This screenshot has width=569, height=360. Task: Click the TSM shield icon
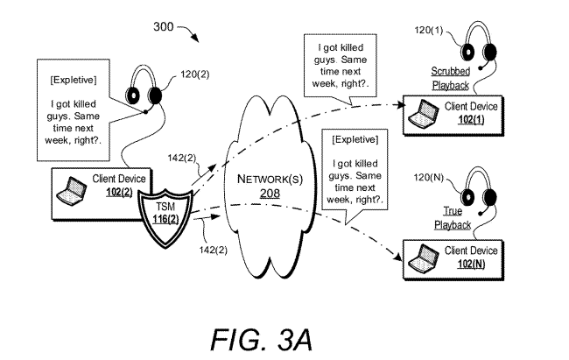[x=165, y=217]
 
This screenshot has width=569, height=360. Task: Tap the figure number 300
[x=164, y=26]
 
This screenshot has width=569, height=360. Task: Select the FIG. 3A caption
[x=261, y=340]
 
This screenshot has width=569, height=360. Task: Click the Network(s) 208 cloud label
[x=270, y=186]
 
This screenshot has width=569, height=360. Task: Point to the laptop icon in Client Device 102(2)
[x=72, y=190]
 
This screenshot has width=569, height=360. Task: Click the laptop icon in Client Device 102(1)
[x=424, y=114]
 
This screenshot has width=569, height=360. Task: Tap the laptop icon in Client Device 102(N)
[x=424, y=258]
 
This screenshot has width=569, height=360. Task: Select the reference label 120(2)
[x=195, y=74]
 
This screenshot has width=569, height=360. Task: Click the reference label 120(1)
[x=429, y=30]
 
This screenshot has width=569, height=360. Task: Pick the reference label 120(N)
[x=429, y=177]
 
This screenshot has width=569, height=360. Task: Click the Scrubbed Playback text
[x=450, y=78]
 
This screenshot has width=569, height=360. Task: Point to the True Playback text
[x=453, y=218]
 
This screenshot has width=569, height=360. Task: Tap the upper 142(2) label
[x=182, y=158]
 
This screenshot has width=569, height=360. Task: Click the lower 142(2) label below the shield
[x=214, y=250]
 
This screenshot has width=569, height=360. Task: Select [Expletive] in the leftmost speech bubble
[x=74, y=80]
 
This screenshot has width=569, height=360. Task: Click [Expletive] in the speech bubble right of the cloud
[x=355, y=139]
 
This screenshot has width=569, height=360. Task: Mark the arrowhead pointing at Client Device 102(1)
[x=400, y=105]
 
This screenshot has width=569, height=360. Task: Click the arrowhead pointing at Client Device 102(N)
[x=398, y=257]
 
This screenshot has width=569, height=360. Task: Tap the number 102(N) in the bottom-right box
[x=471, y=264]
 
